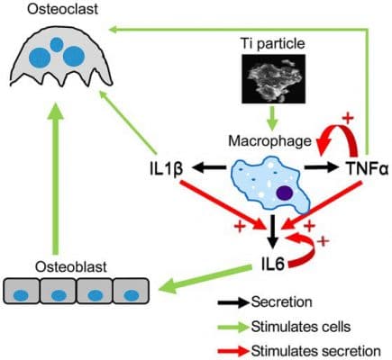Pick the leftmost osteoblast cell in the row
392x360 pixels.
pos(29,293)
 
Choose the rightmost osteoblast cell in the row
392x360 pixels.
pos(132,293)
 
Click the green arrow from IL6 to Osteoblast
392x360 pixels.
pos(198,279)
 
